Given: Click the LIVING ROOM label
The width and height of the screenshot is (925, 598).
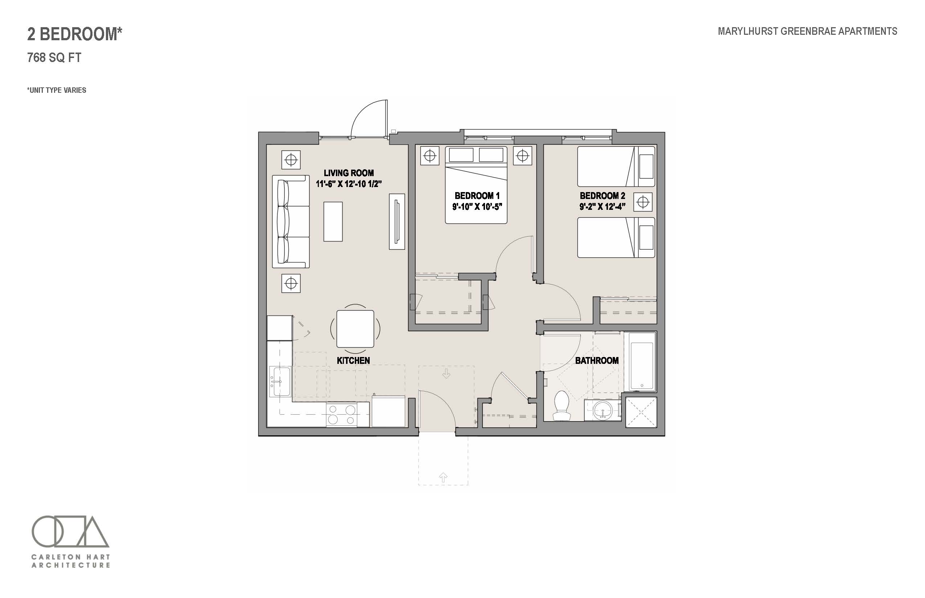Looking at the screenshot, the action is coord(349,173).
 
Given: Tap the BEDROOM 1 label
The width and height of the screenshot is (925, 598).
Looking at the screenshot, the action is coord(477,196).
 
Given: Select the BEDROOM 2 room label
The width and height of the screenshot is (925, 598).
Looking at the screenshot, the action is coord(603,196).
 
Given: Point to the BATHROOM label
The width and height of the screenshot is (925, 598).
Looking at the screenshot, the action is coord(597,360).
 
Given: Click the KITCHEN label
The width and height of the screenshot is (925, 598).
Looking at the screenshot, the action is coord(353,360).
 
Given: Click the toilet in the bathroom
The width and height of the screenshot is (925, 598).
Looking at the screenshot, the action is coord(561,406).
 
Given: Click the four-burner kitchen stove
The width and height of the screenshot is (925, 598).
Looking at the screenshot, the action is coord(342,414).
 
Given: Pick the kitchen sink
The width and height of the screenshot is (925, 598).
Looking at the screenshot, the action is coord(280,381).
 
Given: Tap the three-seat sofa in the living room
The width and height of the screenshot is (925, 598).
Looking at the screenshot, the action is coord(291,222).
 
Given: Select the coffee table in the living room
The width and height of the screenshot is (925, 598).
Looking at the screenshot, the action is coord(333,221).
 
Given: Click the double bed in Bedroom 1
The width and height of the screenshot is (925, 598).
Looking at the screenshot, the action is coord(476,185).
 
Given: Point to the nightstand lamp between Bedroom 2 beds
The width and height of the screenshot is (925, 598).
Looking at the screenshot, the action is coord(643,202).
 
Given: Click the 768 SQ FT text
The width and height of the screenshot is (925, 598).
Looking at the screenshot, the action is coord(54,58).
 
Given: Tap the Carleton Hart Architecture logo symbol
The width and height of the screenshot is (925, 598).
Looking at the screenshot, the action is coord(70,531).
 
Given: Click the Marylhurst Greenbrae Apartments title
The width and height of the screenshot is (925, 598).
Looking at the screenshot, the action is coord(807,31).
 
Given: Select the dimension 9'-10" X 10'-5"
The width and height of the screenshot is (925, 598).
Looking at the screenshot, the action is coord(477,207).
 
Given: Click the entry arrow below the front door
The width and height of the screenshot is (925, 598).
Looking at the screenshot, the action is coord(443,477).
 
